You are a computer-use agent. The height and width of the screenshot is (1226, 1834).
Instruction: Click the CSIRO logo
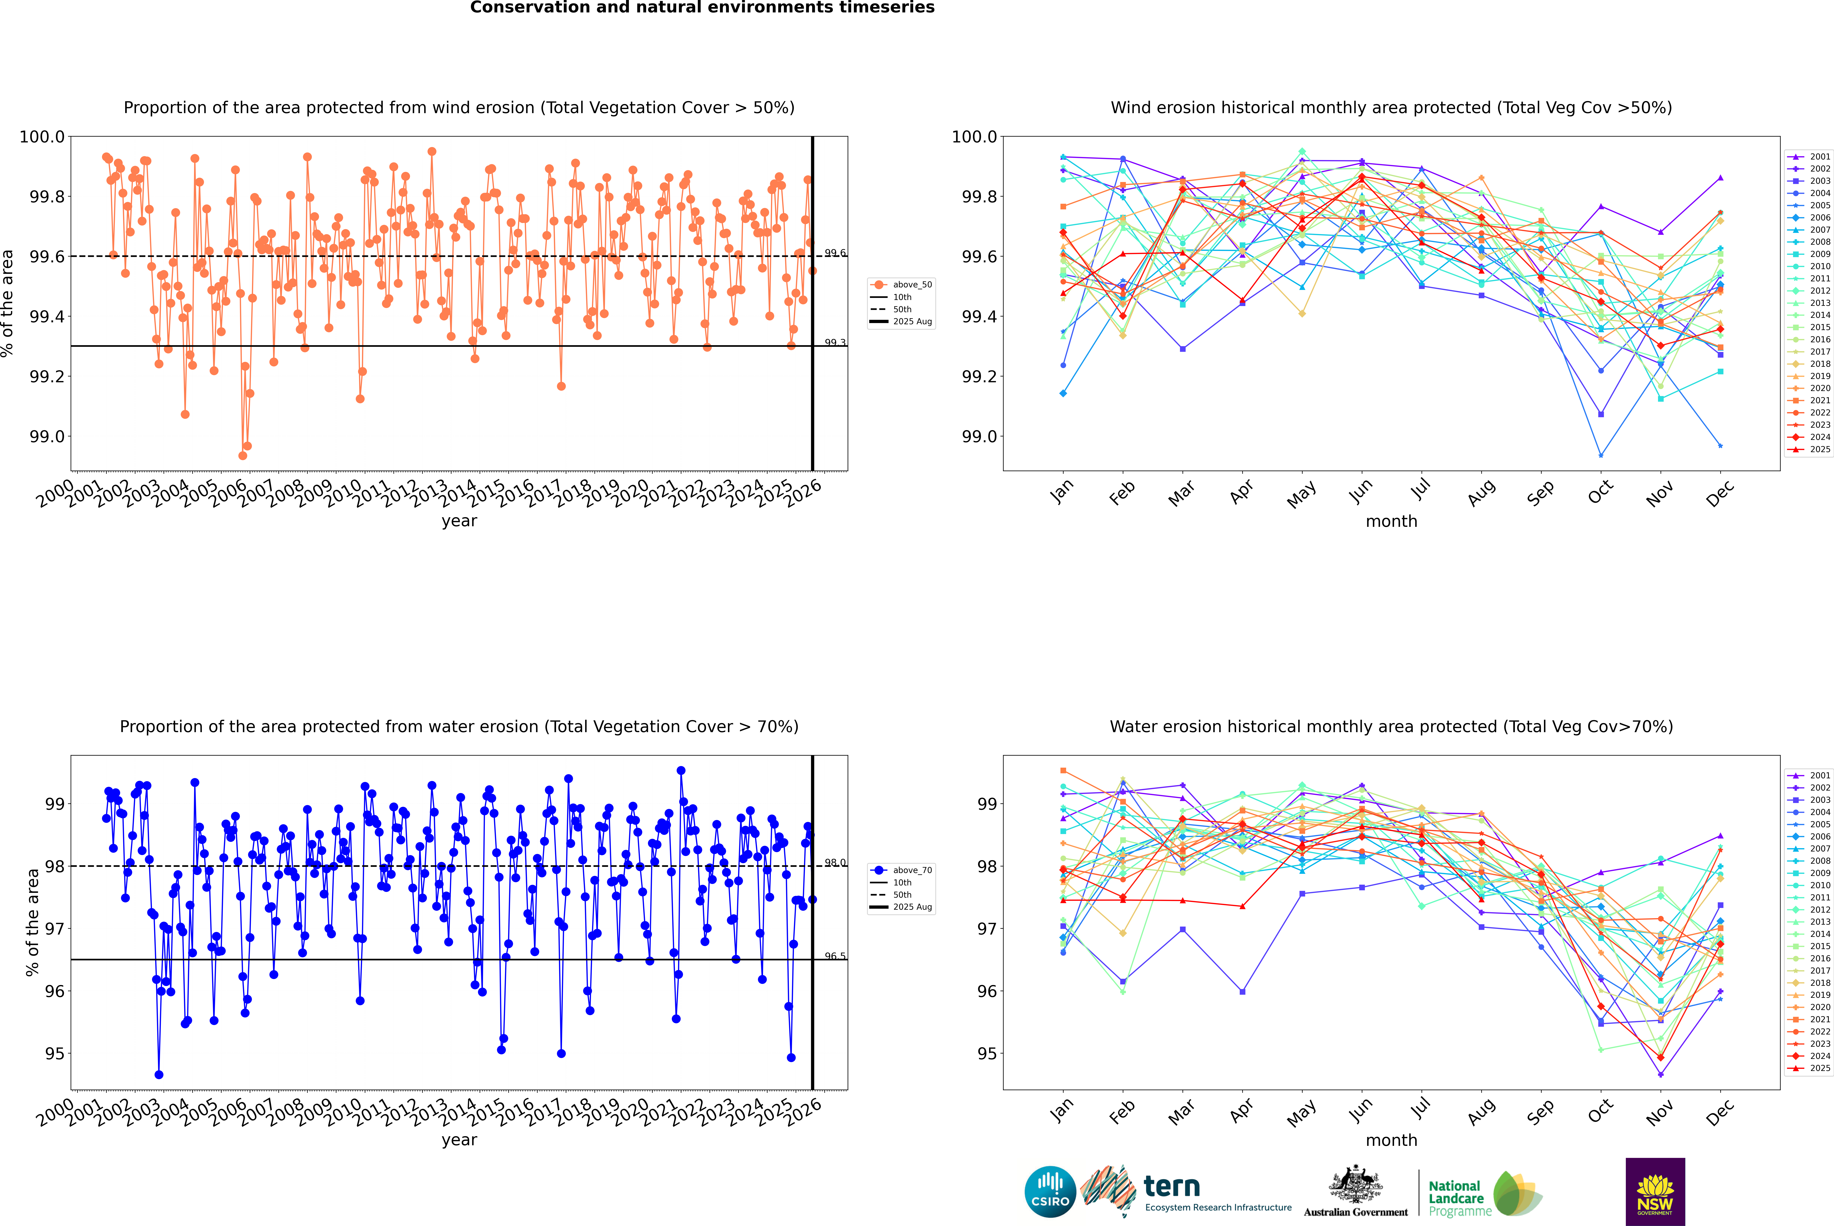coord(1050,1192)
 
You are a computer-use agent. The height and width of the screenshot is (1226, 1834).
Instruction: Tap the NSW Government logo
coord(1655,1192)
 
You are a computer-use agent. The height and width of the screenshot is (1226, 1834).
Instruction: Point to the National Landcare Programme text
coord(1456,1198)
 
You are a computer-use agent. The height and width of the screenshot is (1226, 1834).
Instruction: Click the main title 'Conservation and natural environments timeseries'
coord(702,8)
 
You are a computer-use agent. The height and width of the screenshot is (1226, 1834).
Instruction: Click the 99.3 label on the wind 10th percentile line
coord(835,342)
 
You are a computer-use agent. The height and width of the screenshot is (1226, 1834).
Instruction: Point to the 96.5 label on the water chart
coord(835,956)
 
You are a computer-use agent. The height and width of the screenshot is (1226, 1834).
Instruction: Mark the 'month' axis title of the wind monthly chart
coord(1391,522)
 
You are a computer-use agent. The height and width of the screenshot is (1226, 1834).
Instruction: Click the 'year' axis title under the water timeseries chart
coord(459,1140)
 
